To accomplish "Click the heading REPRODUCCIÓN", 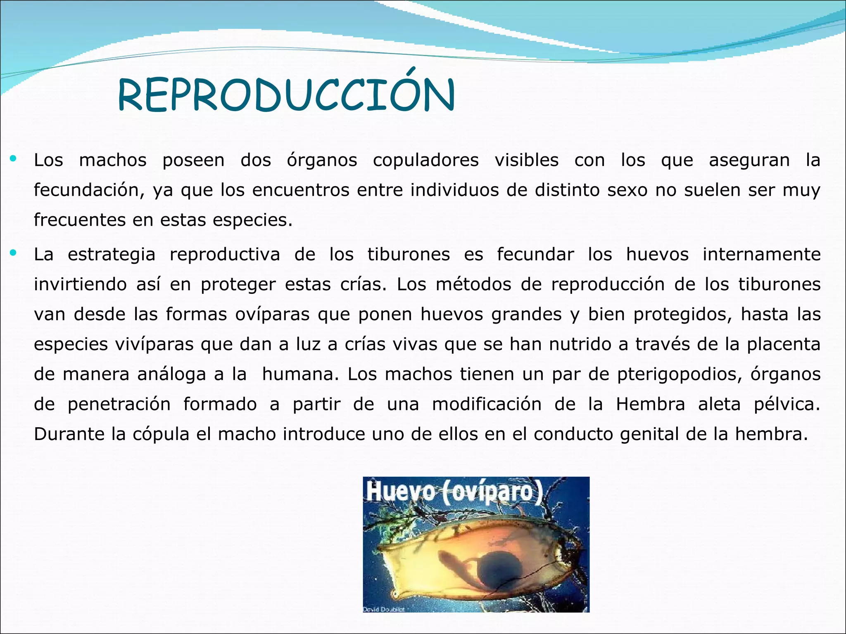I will tap(286, 96).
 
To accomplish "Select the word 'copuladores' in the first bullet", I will tap(425, 161).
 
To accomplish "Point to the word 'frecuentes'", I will tap(79, 220).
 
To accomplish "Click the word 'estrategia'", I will tap(112, 255).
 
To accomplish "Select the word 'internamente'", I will tap(761, 254).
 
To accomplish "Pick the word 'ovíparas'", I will tap(272, 315).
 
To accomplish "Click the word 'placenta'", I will tap(783, 344).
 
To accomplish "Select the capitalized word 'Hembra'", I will tap(650, 404).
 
